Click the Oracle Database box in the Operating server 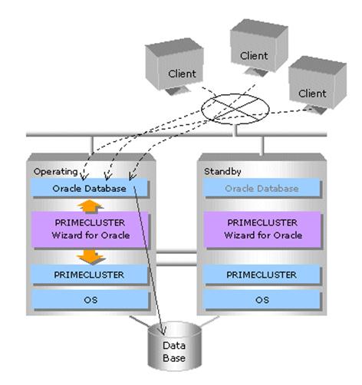pos(90,188)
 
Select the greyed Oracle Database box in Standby pos(262,188)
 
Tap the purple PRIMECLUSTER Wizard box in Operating pos(90,229)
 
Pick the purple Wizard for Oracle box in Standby pos(262,229)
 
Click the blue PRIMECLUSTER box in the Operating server pos(90,275)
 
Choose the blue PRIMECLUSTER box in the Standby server pos(262,275)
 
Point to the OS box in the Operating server pos(90,300)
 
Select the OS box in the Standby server pos(262,300)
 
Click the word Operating pos(55,172)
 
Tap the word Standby pos(222,172)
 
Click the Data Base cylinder pos(175,347)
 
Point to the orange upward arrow pos(90,206)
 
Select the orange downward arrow pos(90,257)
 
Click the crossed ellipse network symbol pos(235,109)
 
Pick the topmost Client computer pos(259,48)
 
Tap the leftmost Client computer pos(174,67)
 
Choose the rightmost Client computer pos(318,85)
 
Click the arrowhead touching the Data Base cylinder pos(163,331)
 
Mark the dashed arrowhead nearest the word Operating pos(84,176)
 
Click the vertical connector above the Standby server pos(262,145)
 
